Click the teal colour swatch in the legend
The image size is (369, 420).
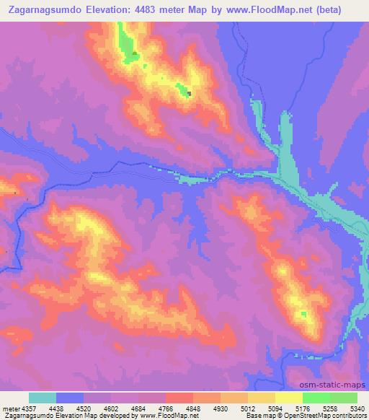43,398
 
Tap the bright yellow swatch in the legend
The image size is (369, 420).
289,398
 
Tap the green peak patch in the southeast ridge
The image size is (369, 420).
304,314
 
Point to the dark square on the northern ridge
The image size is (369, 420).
189,92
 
